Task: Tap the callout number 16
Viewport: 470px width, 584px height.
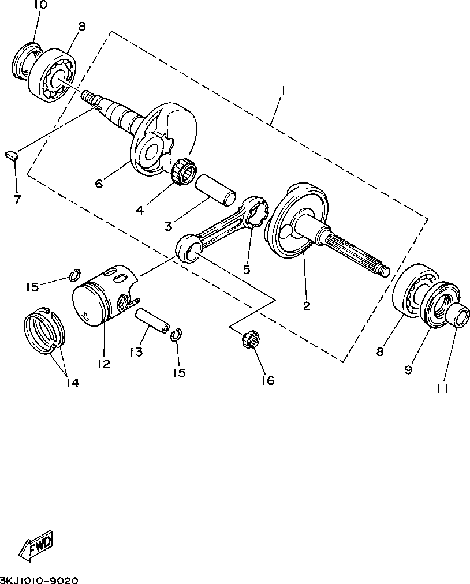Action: point(267,380)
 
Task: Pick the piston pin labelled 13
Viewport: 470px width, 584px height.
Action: point(153,321)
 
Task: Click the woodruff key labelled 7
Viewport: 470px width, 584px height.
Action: point(12,154)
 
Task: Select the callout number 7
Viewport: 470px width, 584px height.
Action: point(17,200)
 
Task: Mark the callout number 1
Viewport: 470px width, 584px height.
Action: point(283,91)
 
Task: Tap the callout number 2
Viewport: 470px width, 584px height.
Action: point(307,306)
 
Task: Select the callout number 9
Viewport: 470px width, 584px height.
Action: point(409,369)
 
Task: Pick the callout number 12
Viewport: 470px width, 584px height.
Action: point(104,364)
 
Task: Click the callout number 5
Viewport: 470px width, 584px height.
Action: point(246,269)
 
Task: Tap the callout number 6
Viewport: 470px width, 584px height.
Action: point(99,183)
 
